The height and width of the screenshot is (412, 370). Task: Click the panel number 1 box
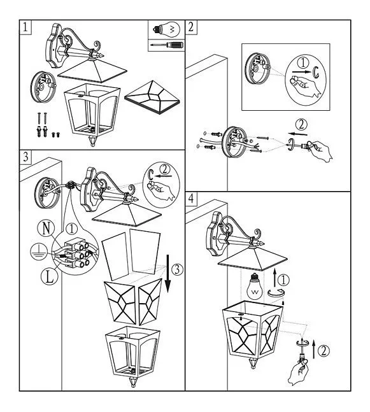pos(25,27)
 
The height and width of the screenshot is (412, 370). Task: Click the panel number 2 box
pos(191,27)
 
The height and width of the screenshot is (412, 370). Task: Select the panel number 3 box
pos(25,157)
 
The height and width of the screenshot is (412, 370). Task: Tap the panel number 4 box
pos(191,199)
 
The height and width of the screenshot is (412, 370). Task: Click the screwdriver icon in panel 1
pos(166,45)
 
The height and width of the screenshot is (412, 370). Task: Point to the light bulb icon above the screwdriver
pos(167,30)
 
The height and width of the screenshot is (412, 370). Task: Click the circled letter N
pos(46,229)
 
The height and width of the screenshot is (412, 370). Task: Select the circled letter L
pos(50,277)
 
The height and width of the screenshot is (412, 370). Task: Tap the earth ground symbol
pos(39,251)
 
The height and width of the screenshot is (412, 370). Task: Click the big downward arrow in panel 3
pos(167,274)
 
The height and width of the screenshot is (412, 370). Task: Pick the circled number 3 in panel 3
pos(178,270)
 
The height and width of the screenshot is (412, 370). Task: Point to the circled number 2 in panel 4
pos(324,351)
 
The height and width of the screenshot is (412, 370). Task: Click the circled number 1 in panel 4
pos(283,280)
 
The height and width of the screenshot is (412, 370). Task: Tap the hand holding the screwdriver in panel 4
pos(299,372)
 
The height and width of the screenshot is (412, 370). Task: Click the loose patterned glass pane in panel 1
pos(152,97)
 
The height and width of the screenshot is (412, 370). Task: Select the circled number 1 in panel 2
pos(303,63)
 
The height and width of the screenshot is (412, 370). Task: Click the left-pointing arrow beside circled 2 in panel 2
pos(297,134)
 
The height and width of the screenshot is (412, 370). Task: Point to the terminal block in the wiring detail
pos(77,253)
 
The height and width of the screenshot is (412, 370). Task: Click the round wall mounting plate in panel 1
pos(43,87)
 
